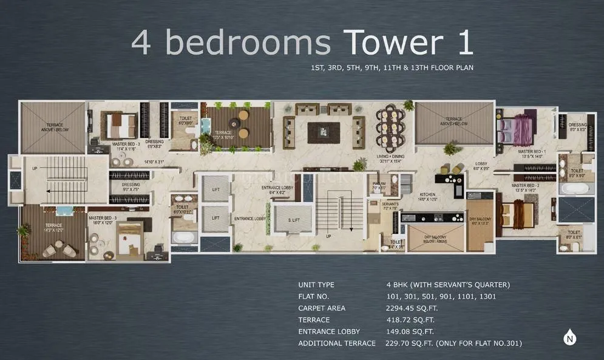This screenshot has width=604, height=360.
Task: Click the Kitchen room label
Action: click(x=427, y=196)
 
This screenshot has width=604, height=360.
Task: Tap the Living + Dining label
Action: click(x=390, y=158)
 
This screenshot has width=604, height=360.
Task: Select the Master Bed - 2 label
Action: click(x=525, y=186)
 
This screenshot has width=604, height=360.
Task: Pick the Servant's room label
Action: click(x=390, y=206)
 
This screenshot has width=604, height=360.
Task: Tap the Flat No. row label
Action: click(x=314, y=297)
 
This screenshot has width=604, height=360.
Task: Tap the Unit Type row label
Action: click(x=316, y=285)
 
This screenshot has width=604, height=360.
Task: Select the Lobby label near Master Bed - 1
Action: click(x=481, y=166)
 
